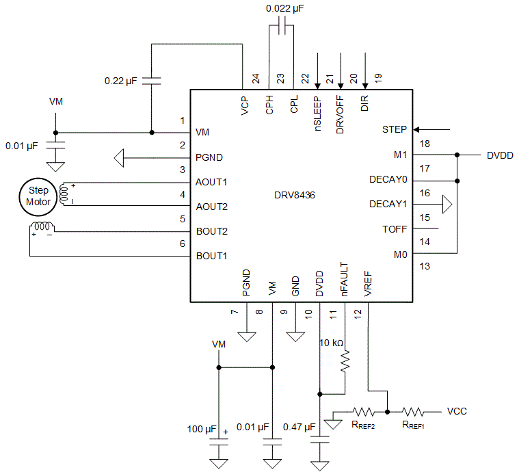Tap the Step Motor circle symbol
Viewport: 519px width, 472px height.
click(x=38, y=196)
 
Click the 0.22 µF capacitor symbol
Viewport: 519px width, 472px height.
click(x=152, y=80)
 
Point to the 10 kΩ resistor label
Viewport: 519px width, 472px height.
click(x=332, y=343)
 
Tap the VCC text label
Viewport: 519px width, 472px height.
click(x=457, y=412)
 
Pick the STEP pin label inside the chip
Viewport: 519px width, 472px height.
click(x=394, y=129)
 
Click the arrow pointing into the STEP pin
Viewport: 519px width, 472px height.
click(x=432, y=129)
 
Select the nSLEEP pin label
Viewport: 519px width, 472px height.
click(x=317, y=113)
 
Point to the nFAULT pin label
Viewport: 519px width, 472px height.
click(x=344, y=280)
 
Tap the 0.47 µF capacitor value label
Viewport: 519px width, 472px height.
click(x=299, y=428)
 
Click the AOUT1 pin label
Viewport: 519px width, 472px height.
click(x=211, y=183)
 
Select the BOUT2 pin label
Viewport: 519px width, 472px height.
click(x=211, y=231)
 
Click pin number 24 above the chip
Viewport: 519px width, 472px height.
click(x=256, y=79)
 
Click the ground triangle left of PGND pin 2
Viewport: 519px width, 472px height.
click(x=119, y=159)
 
